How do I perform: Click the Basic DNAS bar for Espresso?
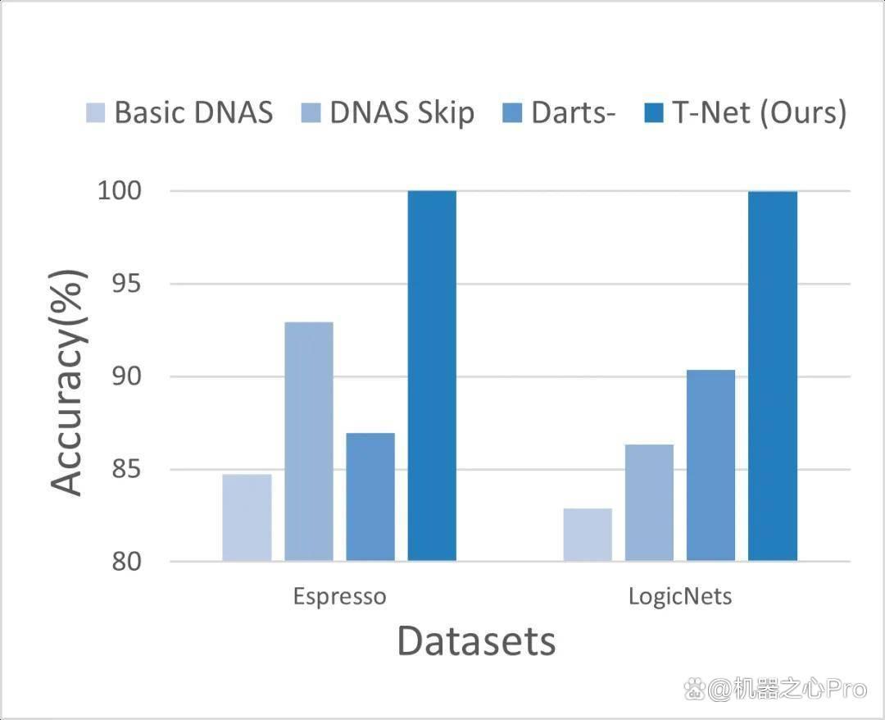pos(247,517)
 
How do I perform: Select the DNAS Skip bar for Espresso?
pos(309,441)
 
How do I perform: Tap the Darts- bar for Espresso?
pos(370,497)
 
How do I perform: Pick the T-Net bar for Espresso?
pos(433,376)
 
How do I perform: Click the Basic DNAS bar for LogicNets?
pos(588,535)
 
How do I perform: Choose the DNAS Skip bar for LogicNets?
pos(649,503)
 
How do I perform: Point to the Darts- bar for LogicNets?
pos(711,465)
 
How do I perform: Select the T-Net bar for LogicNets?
pos(773,376)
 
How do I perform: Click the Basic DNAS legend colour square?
pos(95,112)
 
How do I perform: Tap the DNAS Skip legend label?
pos(402,112)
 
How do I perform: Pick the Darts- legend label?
pos(573,112)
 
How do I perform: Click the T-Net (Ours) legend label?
pos(760,112)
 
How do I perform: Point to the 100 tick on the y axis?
pos(120,191)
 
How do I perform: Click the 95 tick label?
pos(126,284)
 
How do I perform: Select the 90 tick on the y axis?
pos(126,376)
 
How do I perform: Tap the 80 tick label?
pos(126,561)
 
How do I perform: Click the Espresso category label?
pos(340,597)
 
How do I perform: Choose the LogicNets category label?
pos(680,596)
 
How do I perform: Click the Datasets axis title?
pos(477,641)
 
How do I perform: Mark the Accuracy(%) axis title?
pos(69,383)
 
